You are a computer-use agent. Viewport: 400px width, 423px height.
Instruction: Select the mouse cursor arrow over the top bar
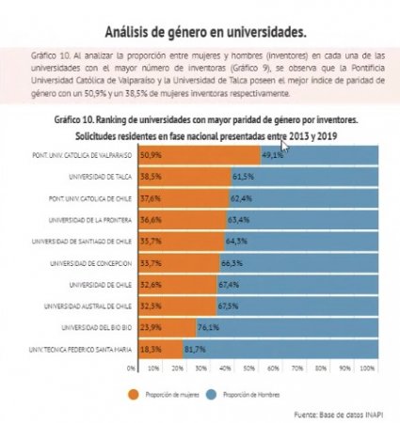pyautogui.click(x=284, y=148)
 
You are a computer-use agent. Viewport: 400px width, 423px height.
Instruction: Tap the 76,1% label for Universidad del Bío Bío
pyautogui.click(x=209, y=328)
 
